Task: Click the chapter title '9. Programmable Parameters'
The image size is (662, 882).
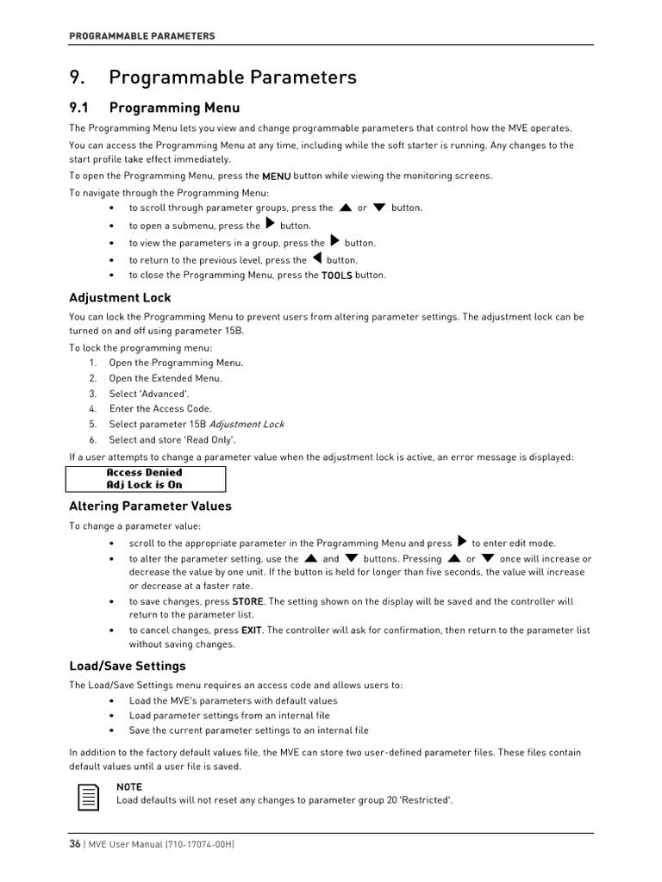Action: point(212,78)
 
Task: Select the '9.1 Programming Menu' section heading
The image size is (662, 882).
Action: point(154,108)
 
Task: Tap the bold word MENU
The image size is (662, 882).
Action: point(276,176)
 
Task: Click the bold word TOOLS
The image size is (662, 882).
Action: point(336,276)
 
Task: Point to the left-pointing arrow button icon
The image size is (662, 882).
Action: point(316,258)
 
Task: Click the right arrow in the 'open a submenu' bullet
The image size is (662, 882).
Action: point(270,224)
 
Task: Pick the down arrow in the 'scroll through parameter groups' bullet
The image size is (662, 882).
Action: point(378,208)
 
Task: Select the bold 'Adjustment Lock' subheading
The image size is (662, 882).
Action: point(120,298)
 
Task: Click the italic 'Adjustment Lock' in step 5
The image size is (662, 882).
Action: point(247,425)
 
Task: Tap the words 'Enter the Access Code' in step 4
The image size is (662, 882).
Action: point(159,409)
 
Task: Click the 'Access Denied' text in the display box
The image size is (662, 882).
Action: point(144,473)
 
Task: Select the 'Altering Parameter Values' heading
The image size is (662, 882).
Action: point(150,506)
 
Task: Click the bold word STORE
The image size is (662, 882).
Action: point(247,602)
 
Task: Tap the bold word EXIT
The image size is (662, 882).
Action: point(251,630)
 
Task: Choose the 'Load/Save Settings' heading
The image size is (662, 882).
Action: point(127,667)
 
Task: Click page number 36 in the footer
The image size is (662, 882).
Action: point(75,844)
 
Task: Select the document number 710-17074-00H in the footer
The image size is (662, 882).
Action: point(197,844)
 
